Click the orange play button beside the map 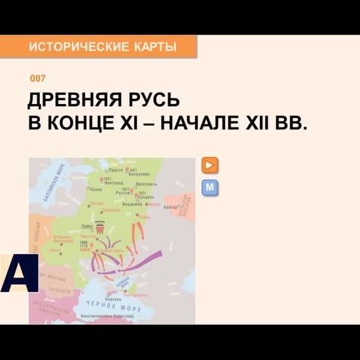click(x=210, y=165)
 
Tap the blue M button click(x=210, y=188)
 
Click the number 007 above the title click(x=38, y=79)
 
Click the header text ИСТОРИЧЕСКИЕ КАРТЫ click(x=103, y=47)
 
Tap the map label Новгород click(x=113, y=183)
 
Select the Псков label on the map click(x=96, y=190)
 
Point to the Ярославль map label click(x=147, y=185)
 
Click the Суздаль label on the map click(x=146, y=196)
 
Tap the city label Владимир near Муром click(x=133, y=204)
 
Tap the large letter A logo click(x=19, y=273)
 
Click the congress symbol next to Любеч click(x=100, y=228)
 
